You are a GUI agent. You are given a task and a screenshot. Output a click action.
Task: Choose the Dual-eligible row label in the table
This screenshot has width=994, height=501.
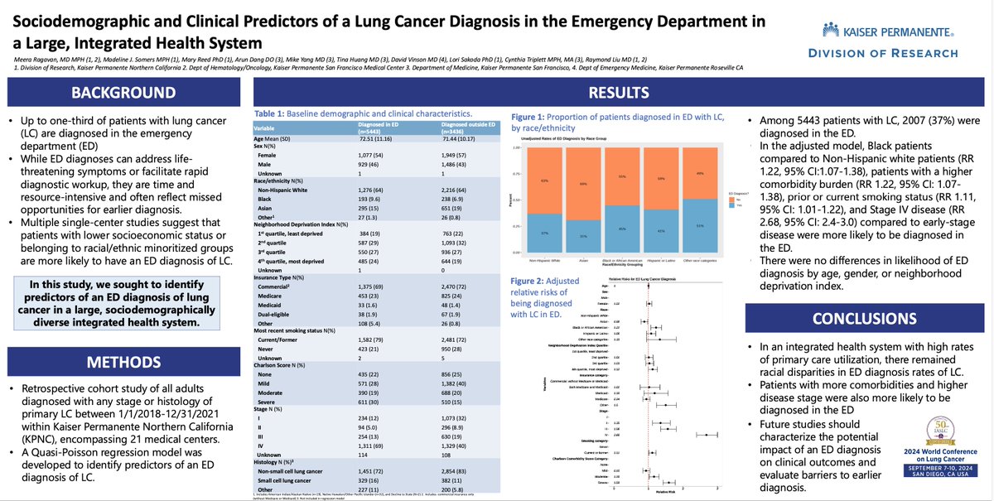pos(282,317)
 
